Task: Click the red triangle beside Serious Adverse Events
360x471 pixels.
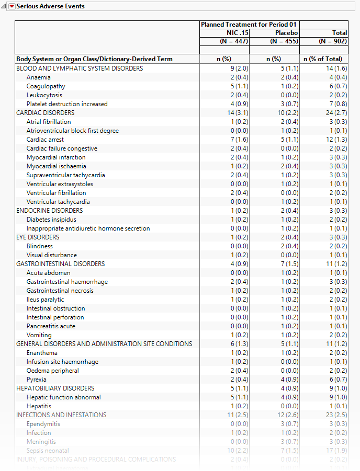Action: click(12, 6)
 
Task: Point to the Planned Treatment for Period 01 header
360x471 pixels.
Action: click(249, 25)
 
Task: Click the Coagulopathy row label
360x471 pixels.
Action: click(46, 86)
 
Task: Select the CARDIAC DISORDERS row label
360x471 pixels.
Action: click(46, 113)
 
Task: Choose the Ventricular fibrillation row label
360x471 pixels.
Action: click(57, 193)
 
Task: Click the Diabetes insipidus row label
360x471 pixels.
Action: click(51, 220)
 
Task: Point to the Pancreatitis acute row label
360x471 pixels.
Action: click(51, 326)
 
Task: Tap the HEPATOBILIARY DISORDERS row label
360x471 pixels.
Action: click(55, 388)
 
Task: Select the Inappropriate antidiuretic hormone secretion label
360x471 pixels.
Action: click(88, 228)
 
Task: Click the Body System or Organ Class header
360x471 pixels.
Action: click(94, 59)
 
